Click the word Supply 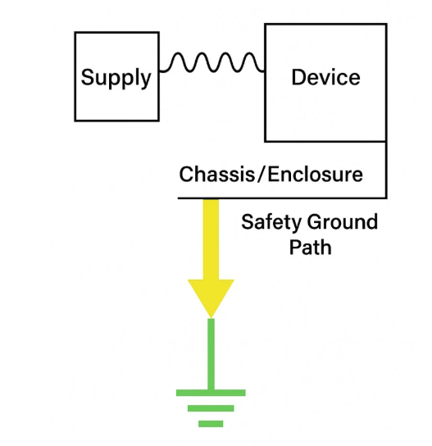(x=116, y=78)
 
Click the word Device (x=326, y=77)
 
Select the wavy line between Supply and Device (x=211, y=62)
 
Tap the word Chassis (x=216, y=174)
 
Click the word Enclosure (x=315, y=174)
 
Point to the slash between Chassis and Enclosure (x=261, y=174)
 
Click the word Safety (x=271, y=223)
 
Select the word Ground (x=343, y=221)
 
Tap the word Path (x=311, y=247)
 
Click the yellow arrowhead (x=211, y=296)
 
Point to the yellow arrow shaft (x=211, y=239)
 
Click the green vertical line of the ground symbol (x=211, y=354)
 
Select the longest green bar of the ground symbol (x=211, y=393)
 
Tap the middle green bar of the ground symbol (x=211, y=408)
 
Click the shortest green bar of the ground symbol (x=211, y=424)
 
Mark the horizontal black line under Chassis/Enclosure (x=282, y=198)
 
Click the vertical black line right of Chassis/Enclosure (x=386, y=170)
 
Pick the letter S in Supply (x=88, y=77)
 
